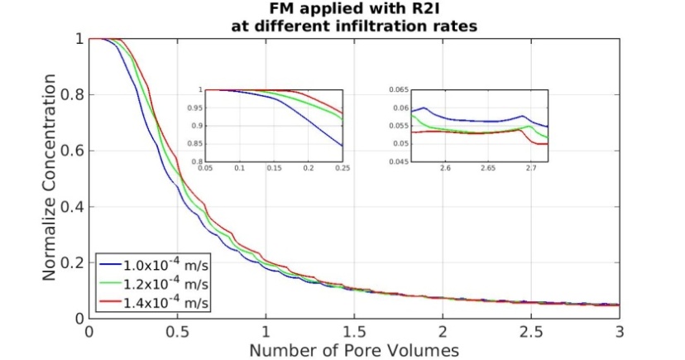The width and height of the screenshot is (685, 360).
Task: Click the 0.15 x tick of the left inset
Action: coord(274,169)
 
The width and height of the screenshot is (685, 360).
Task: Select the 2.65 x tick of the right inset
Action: coord(529,169)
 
